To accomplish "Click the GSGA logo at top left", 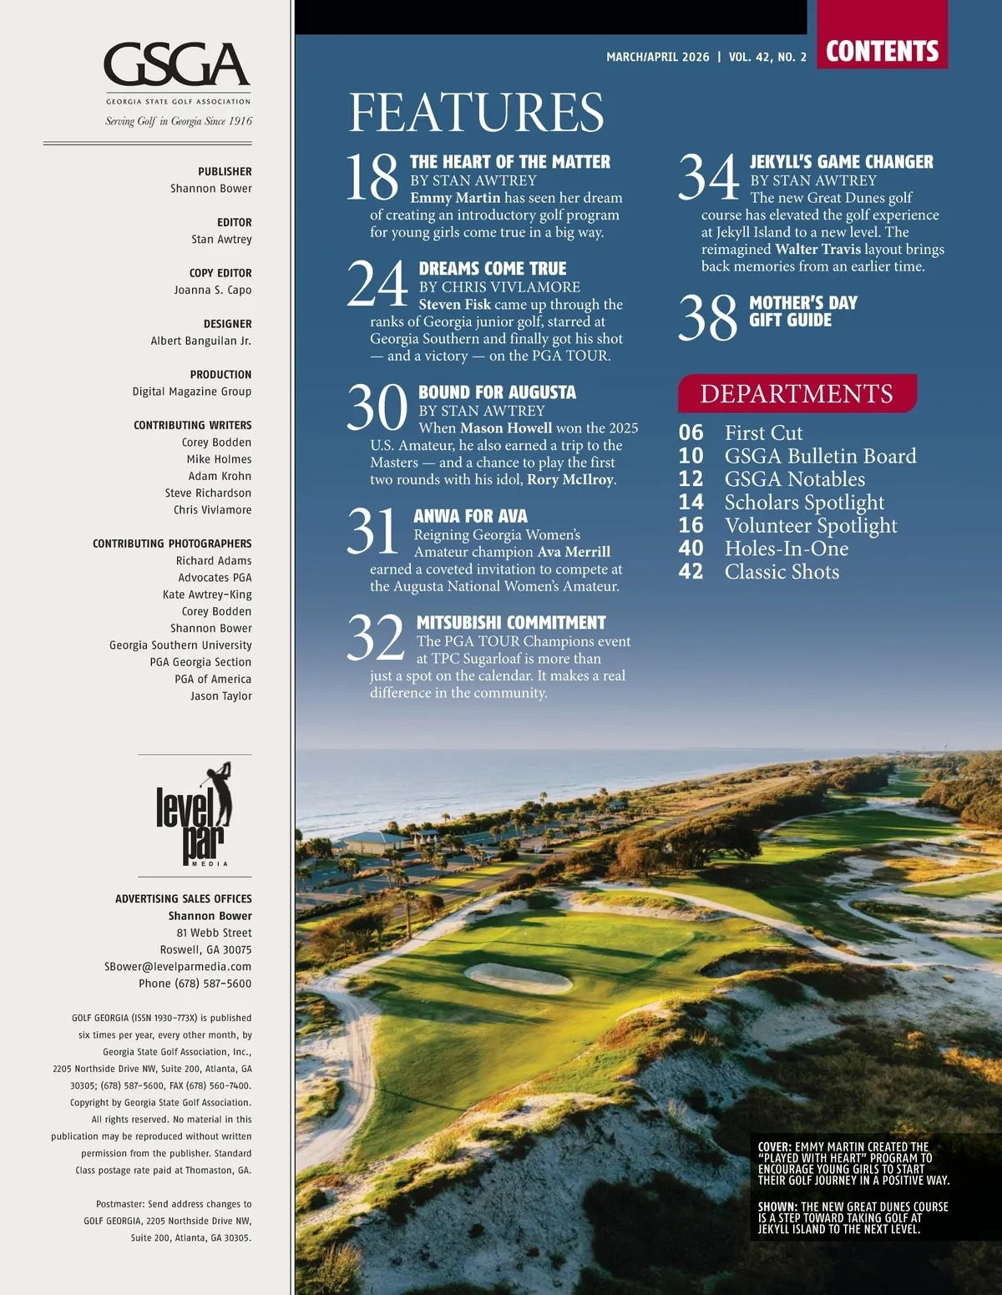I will pos(177,66).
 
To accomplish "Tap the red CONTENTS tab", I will pos(882,51).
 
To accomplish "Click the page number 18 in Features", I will pos(372,177).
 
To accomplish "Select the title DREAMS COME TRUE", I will pos(493,269).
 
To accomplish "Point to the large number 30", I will pos(377,407).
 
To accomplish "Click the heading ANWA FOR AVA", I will pos(470,516).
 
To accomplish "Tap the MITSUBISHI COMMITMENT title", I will pos(511,623).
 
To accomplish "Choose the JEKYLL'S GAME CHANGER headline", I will pos(841,162).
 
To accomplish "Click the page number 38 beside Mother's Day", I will pos(708,318).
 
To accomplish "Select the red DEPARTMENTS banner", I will pos(797,393).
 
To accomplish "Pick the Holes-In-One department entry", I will pos(786,549).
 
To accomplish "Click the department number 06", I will pos(691,433).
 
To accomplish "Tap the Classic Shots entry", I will pos(782,572).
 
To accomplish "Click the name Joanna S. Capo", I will pos(212,290).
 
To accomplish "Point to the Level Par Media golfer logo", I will pos(195,814).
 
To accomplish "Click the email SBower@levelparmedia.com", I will pos(178,966).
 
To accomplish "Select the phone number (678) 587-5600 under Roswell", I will pos(195,984).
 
